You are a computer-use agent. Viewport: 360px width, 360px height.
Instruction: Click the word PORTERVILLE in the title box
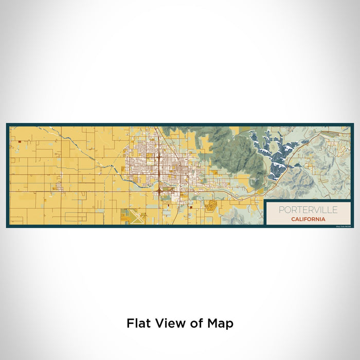point(308,210)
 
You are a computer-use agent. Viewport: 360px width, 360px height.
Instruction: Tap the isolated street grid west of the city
point(59,186)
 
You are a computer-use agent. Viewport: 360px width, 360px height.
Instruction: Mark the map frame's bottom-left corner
point(7,226)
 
